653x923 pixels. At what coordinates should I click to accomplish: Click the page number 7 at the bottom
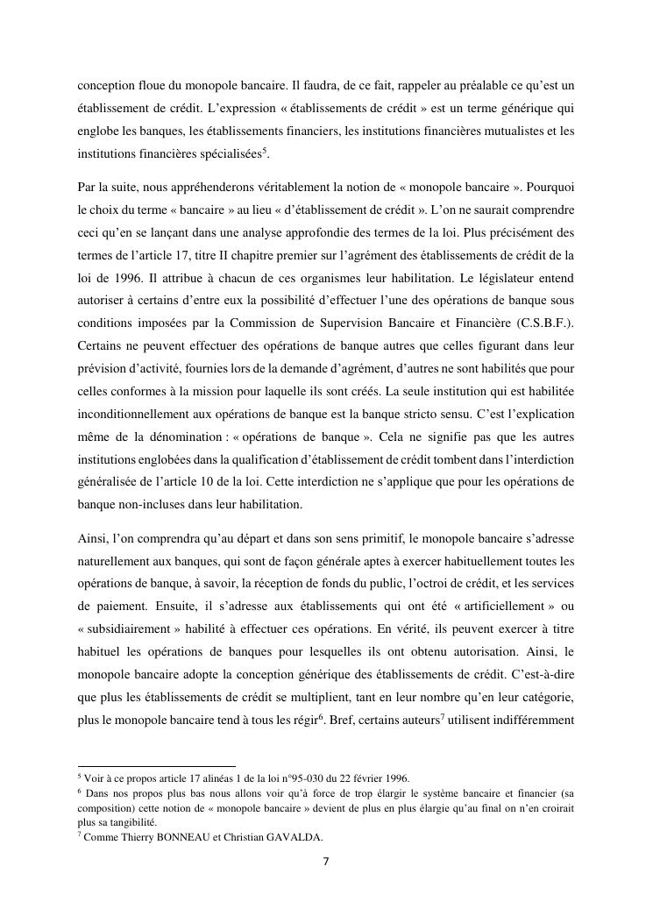click(326, 861)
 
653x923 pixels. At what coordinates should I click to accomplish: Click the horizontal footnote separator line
click(157, 765)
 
